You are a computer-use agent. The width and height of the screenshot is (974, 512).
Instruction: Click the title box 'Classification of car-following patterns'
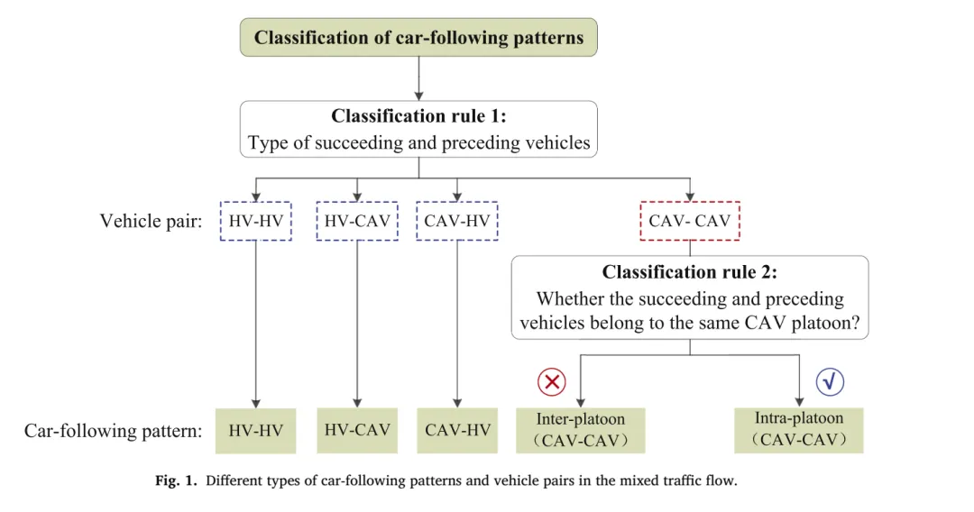(418, 37)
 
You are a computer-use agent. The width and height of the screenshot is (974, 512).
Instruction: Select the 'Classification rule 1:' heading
(418, 116)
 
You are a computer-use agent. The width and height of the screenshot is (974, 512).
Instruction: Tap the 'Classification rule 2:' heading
(690, 272)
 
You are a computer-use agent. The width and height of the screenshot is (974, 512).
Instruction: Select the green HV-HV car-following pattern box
(256, 431)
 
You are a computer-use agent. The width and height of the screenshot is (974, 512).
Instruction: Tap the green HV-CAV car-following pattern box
(357, 431)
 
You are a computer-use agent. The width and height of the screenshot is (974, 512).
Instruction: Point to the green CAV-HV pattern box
(457, 431)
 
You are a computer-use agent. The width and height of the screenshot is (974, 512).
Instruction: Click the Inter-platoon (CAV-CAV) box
(581, 430)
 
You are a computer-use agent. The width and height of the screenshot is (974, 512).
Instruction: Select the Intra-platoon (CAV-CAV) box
(799, 430)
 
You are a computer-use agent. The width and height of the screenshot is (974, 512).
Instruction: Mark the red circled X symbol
(552, 381)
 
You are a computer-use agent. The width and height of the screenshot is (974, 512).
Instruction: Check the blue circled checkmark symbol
(830, 381)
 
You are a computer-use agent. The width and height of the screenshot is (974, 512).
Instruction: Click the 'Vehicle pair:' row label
(151, 221)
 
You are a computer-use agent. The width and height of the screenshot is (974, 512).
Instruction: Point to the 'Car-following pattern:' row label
(113, 431)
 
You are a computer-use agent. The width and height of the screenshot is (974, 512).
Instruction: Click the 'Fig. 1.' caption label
(176, 480)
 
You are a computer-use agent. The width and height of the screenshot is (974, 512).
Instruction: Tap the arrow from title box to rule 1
(418, 78)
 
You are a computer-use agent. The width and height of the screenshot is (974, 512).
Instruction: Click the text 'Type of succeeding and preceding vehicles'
(418, 142)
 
